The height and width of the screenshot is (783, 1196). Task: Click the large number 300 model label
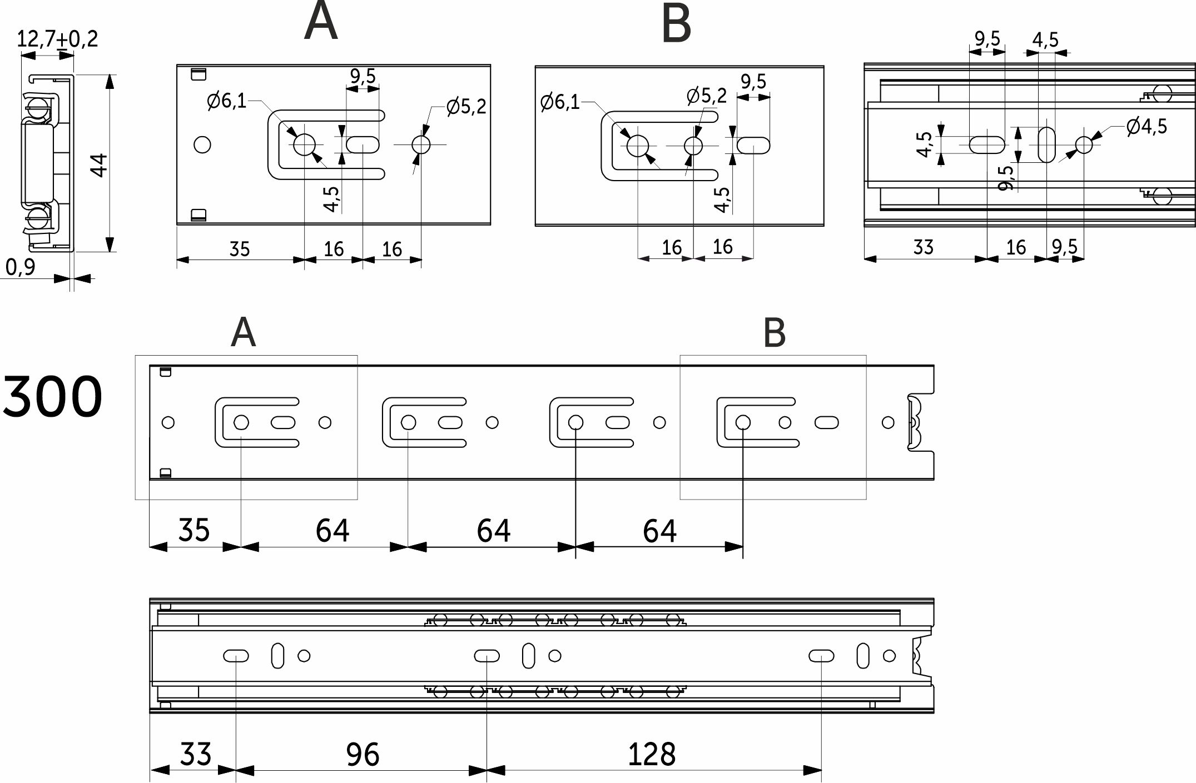point(52,397)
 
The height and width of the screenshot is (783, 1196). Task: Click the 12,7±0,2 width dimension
point(57,39)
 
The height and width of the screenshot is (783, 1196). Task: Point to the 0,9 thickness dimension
point(20,267)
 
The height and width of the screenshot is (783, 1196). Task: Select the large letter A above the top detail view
point(321,22)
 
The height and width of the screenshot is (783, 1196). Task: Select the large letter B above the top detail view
point(676,24)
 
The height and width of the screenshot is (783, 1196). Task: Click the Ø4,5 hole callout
point(1147,127)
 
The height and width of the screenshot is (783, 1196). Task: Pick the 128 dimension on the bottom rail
point(651,755)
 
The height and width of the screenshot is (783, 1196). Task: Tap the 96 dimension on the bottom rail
point(363,755)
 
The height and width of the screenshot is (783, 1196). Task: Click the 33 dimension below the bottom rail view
point(196,755)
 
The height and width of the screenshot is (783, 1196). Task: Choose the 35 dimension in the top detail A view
point(240,249)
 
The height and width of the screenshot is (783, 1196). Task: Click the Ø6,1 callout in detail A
point(226,101)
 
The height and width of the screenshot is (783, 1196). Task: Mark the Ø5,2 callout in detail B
point(706,96)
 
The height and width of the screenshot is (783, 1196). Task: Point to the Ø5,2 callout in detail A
point(466,106)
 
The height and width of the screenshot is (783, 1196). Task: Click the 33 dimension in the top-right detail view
point(923,247)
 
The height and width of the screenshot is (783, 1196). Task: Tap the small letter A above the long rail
point(243,333)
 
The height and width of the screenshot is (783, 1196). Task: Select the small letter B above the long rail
point(775,333)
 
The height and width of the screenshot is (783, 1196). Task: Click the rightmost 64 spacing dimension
point(659,531)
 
